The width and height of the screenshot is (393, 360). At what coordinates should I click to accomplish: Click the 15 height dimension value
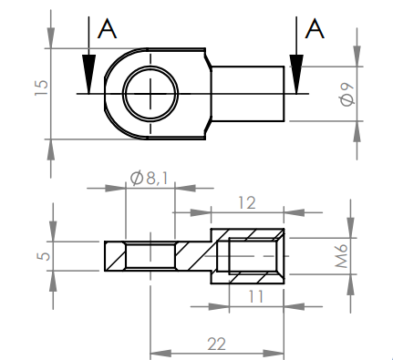point(42,88)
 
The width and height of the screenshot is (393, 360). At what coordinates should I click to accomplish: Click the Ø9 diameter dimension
point(347,95)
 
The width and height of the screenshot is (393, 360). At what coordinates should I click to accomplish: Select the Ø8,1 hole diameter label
point(149,178)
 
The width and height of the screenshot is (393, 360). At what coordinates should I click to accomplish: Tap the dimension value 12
point(247,202)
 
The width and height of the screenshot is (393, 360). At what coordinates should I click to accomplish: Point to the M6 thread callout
point(342,256)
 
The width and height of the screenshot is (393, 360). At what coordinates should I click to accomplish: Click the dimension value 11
point(256,296)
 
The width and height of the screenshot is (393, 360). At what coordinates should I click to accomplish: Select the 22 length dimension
point(217,344)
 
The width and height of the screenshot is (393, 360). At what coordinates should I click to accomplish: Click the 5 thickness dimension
point(44,256)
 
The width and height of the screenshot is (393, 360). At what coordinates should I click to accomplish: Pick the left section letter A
point(107,28)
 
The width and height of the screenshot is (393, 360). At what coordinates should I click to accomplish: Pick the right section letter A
point(315,28)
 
